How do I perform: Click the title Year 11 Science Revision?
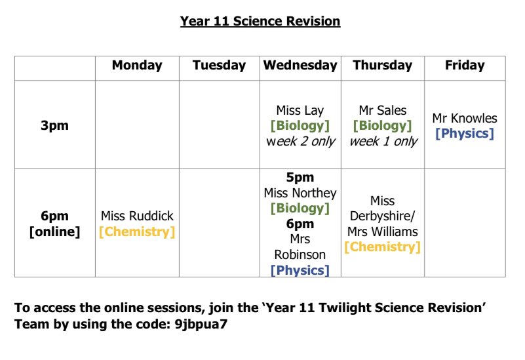point(260,21)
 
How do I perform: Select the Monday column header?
point(137,65)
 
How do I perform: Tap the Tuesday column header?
point(219,65)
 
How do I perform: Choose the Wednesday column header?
point(300,65)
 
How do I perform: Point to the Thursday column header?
point(383,65)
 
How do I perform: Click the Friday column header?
point(465,65)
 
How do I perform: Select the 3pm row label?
point(54,125)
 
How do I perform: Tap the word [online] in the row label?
point(54,231)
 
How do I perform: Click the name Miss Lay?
point(300,110)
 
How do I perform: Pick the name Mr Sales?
point(383,110)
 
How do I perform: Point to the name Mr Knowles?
point(465,118)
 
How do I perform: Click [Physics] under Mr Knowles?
point(465,134)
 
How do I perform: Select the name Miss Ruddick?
point(137,216)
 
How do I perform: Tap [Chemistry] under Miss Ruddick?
point(137,231)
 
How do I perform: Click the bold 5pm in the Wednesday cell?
point(300,177)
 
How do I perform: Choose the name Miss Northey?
point(300,193)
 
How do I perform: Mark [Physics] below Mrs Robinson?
point(300,270)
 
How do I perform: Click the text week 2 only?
point(300,141)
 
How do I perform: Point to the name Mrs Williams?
point(383,231)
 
